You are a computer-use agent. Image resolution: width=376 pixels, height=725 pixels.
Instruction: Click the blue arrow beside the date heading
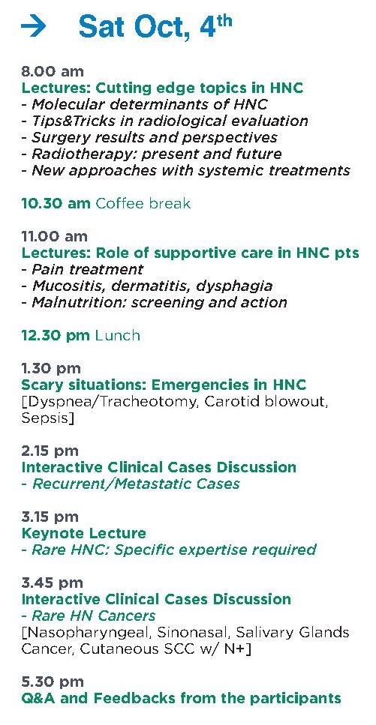[x=33, y=27]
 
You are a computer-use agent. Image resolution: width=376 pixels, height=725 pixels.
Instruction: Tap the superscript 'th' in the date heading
[x=223, y=21]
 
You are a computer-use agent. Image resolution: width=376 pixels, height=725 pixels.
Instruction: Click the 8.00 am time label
[x=53, y=72]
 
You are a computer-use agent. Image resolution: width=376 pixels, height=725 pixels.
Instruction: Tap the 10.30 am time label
[x=56, y=203]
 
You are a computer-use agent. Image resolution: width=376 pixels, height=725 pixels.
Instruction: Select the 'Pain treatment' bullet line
[x=83, y=269]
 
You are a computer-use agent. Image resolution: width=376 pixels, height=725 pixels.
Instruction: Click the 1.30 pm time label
[x=51, y=369]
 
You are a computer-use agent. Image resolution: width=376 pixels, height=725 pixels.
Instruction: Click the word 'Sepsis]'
[x=48, y=418]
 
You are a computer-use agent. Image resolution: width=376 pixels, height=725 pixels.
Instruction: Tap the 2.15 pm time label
[x=50, y=451]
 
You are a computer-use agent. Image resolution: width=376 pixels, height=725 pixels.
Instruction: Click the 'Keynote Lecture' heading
[x=84, y=533]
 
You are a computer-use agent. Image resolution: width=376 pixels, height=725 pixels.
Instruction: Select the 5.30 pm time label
[x=53, y=682]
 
